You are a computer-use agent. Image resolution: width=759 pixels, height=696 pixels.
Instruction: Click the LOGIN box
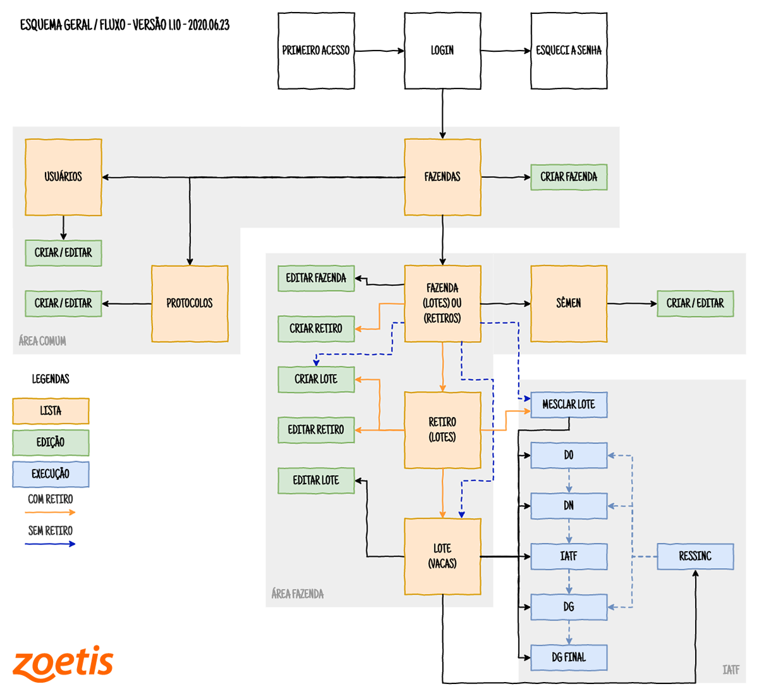point(442,51)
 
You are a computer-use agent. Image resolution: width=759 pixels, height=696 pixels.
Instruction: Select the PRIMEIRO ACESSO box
point(316,51)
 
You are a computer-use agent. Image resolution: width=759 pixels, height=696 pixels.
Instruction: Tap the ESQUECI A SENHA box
point(569,51)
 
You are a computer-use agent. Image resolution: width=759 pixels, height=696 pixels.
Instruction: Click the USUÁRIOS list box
point(63,177)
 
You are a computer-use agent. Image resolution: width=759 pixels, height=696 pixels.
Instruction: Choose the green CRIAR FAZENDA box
point(569,177)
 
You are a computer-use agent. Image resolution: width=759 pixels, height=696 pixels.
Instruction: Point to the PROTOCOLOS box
point(190,304)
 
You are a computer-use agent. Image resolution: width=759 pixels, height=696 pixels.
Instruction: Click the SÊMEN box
point(569,304)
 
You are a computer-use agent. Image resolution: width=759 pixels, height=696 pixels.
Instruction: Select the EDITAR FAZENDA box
point(316,278)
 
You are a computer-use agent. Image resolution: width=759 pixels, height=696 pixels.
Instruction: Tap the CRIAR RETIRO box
point(316,329)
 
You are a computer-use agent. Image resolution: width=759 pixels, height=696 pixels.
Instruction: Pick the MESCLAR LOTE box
point(569,405)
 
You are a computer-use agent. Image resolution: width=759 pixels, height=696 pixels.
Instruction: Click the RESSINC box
point(695,557)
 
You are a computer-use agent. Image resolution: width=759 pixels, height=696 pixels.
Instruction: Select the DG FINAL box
point(569,658)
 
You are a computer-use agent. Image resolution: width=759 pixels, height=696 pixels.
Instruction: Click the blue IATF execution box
point(569,557)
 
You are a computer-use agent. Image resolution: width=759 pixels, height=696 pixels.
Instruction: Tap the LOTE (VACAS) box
point(442,557)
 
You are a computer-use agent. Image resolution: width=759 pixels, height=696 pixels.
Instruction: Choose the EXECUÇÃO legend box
point(51,475)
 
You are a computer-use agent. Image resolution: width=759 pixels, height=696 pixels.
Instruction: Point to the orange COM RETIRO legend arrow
point(51,512)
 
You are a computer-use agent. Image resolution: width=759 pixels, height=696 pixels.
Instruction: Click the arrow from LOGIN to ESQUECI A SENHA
point(505,51)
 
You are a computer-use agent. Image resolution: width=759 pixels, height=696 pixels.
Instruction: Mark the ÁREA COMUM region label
point(42,341)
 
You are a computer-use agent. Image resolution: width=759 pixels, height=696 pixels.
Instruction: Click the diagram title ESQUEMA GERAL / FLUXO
point(125,25)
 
